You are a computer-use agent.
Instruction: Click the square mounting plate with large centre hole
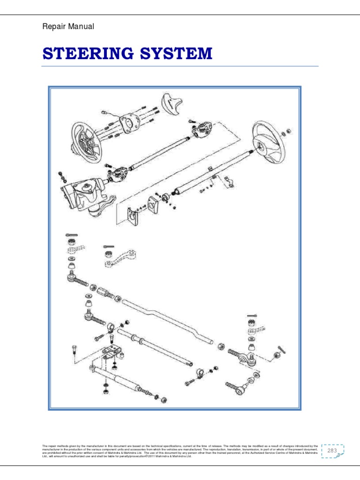click(128, 123)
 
